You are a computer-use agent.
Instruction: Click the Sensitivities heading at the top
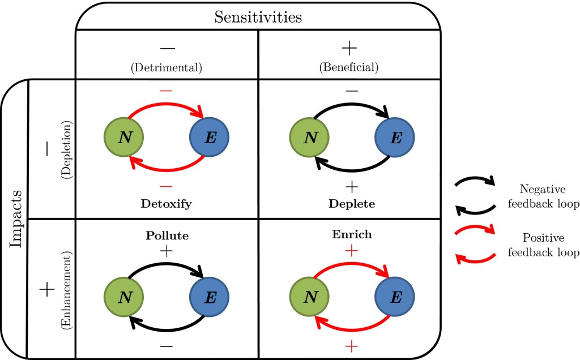tap(258, 17)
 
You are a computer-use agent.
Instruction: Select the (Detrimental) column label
tap(167, 67)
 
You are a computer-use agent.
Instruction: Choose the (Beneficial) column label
tap(349, 67)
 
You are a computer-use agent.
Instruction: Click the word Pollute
tap(167, 234)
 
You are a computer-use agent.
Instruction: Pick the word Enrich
tap(352, 234)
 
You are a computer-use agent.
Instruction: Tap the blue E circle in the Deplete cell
tap(395, 138)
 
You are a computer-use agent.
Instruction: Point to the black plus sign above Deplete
tap(352, 186)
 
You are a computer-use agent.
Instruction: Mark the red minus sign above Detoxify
tap(167, 186)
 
